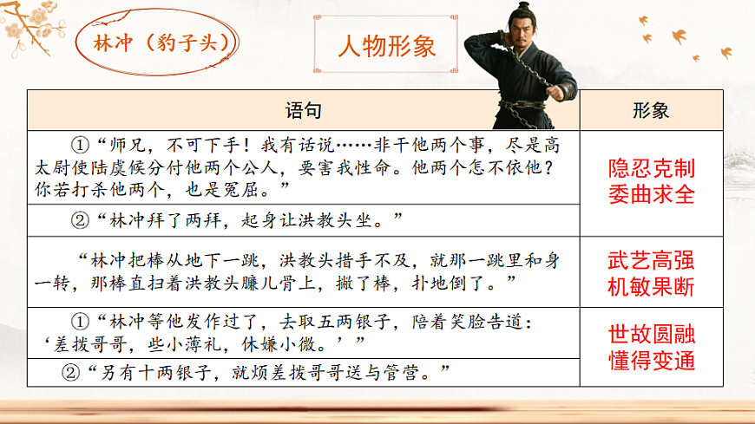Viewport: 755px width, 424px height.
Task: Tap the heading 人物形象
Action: pos(386,44)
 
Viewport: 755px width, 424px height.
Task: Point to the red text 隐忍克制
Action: pos(652,168)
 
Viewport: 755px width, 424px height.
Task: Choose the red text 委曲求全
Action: pos(652,193)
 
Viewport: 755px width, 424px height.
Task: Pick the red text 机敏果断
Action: pos(652,287)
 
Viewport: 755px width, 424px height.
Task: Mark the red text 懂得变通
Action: pos(652,361)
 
